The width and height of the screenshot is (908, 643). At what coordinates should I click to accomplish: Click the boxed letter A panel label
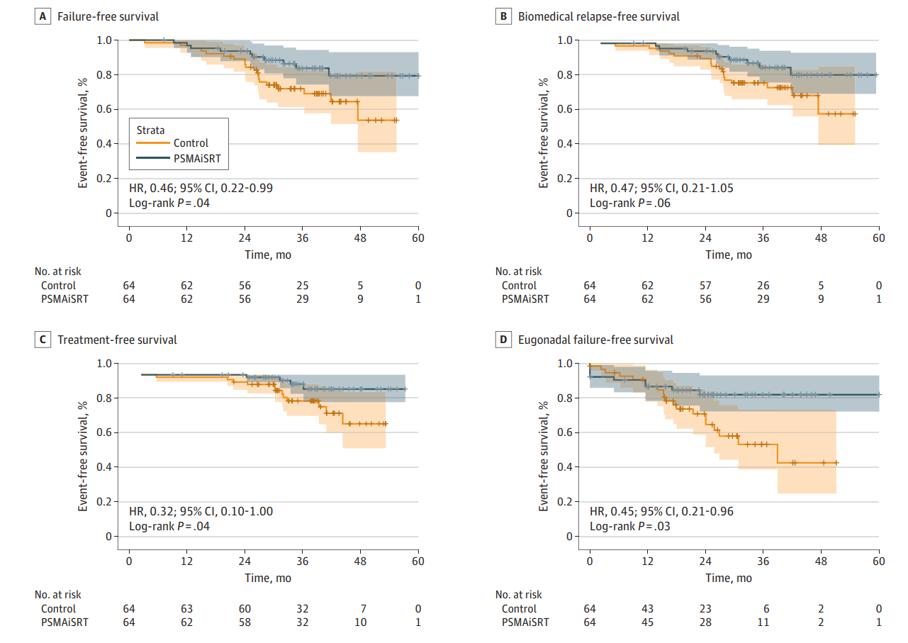point(43,16)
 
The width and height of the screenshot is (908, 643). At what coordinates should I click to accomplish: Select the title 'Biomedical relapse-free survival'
point(598,16)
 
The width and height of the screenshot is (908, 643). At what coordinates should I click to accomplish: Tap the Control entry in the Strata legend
point(190,143)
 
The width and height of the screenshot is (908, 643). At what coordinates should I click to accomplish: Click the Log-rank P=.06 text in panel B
point(629,203)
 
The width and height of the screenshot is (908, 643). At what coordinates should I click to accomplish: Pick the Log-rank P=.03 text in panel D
point(629,527)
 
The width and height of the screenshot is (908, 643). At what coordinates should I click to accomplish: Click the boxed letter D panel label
point(503,340)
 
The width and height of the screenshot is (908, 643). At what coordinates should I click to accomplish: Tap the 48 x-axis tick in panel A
point(360,237)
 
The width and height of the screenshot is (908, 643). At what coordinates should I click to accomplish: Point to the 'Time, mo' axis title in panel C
point(268,578)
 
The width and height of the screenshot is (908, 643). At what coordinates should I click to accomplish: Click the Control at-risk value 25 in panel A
point(303,285)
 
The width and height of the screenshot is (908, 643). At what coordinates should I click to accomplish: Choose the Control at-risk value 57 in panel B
point(705,285)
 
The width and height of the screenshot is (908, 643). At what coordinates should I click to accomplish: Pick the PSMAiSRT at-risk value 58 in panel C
point(245,622)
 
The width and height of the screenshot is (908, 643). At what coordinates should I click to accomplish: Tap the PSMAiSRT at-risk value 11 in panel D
point(763,622)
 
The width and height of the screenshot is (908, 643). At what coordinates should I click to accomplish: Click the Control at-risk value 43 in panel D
point(647,608)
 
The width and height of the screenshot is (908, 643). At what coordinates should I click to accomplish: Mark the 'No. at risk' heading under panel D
point(518,594)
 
